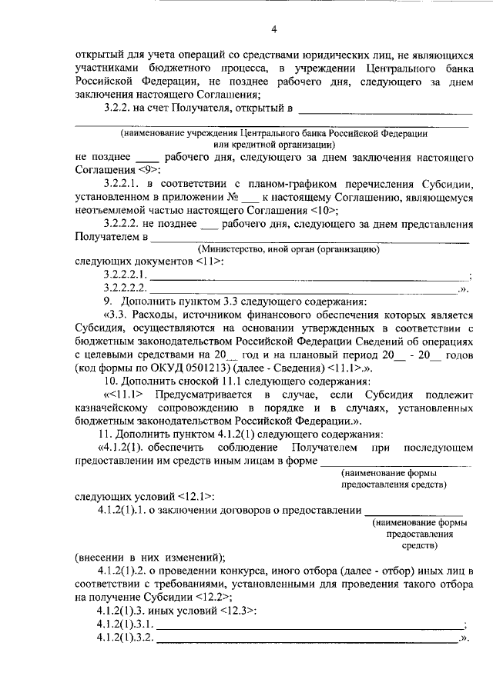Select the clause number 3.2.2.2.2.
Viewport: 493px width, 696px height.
point(126,288)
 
